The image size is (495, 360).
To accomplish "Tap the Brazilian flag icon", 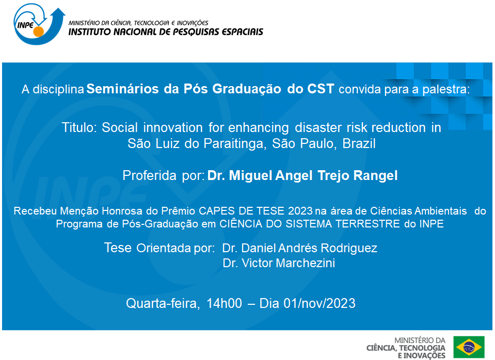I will coord(469,347).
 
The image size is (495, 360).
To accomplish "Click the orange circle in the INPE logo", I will coord(38,32).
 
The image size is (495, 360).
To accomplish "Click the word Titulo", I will coord(79,128).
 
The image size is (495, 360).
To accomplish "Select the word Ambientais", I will coord(439,211).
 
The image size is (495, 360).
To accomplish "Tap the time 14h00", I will coord(224,303).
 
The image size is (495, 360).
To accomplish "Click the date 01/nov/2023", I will coord(320,303).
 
